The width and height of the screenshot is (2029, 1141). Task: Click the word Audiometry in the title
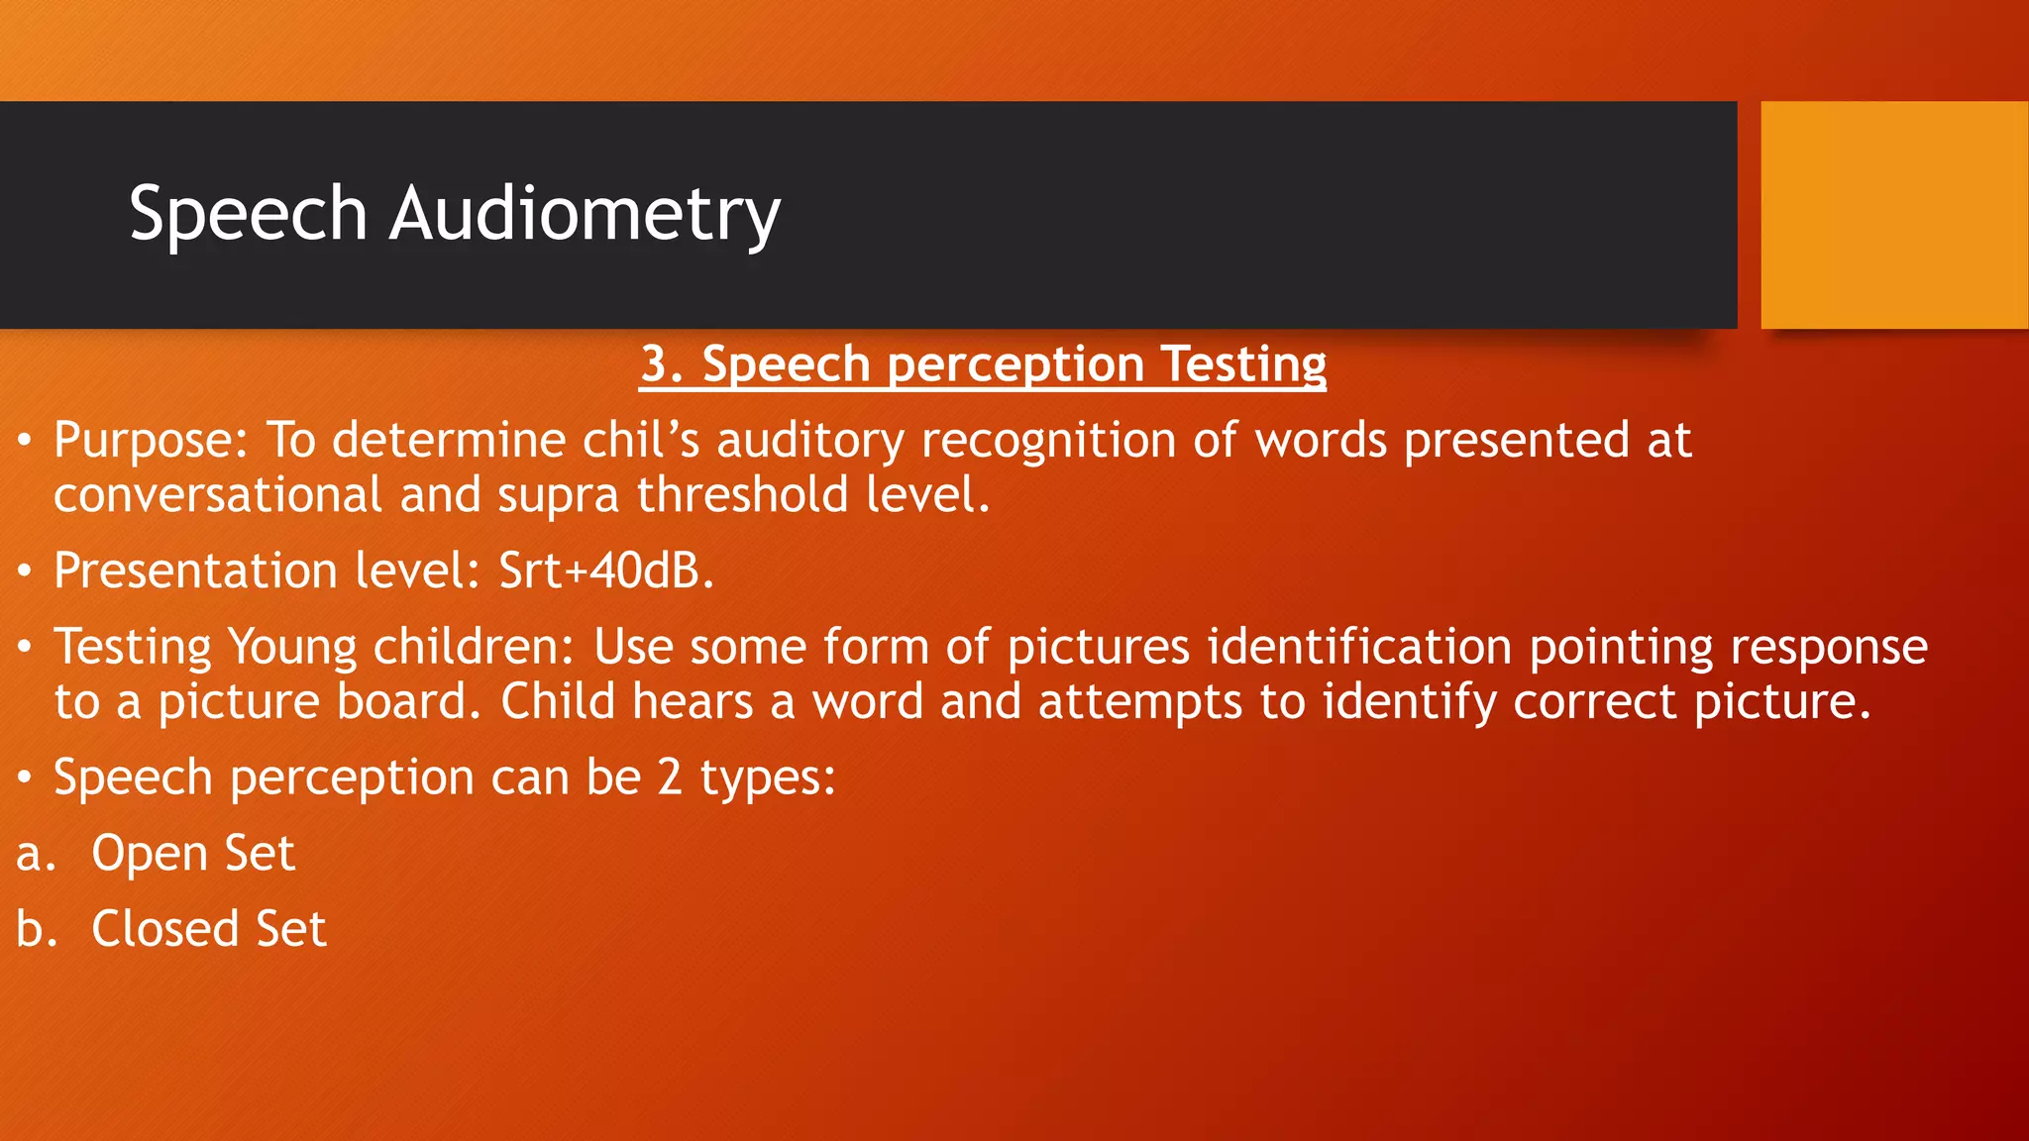click(585, 214)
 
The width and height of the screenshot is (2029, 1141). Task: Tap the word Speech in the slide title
click(248, 214)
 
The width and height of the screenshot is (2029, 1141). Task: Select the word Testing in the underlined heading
click(1243, 364)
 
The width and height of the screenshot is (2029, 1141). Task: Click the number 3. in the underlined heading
click(662, 364)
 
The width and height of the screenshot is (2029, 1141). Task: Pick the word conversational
click(218, 495)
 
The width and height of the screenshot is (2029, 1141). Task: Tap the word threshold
click(742, 495)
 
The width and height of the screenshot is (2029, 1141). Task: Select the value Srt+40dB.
click(605, 571)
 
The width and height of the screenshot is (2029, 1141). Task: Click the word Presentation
click(195, 571)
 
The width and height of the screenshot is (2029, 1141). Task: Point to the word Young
click(291, 648)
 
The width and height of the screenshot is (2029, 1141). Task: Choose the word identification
click(1359, 648)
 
